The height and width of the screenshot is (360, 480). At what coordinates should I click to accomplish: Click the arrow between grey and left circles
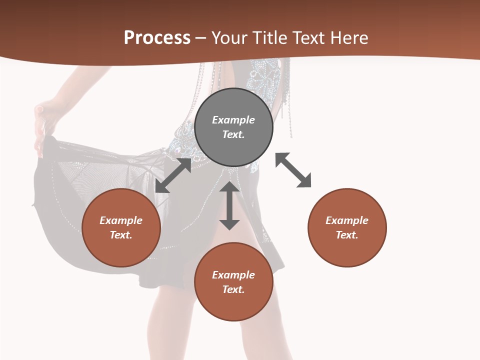173,175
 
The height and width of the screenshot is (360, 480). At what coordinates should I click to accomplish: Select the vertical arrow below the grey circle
229,205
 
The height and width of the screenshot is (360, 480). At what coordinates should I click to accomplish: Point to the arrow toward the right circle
293,170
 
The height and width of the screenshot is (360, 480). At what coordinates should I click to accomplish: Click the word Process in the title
157,37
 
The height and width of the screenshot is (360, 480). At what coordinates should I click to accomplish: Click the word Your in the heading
228,37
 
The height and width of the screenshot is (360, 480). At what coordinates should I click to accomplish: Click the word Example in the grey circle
233,120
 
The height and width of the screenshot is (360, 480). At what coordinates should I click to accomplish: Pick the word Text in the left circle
121,235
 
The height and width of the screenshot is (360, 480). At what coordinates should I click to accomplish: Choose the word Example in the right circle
347,220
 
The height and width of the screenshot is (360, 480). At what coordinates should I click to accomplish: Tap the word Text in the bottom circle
233,289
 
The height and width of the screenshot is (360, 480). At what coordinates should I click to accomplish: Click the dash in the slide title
200,38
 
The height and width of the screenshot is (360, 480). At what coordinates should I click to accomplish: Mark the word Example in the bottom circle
233,275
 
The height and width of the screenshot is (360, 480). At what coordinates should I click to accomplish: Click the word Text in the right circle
347,235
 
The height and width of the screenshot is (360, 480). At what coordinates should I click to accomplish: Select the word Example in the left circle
121,220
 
